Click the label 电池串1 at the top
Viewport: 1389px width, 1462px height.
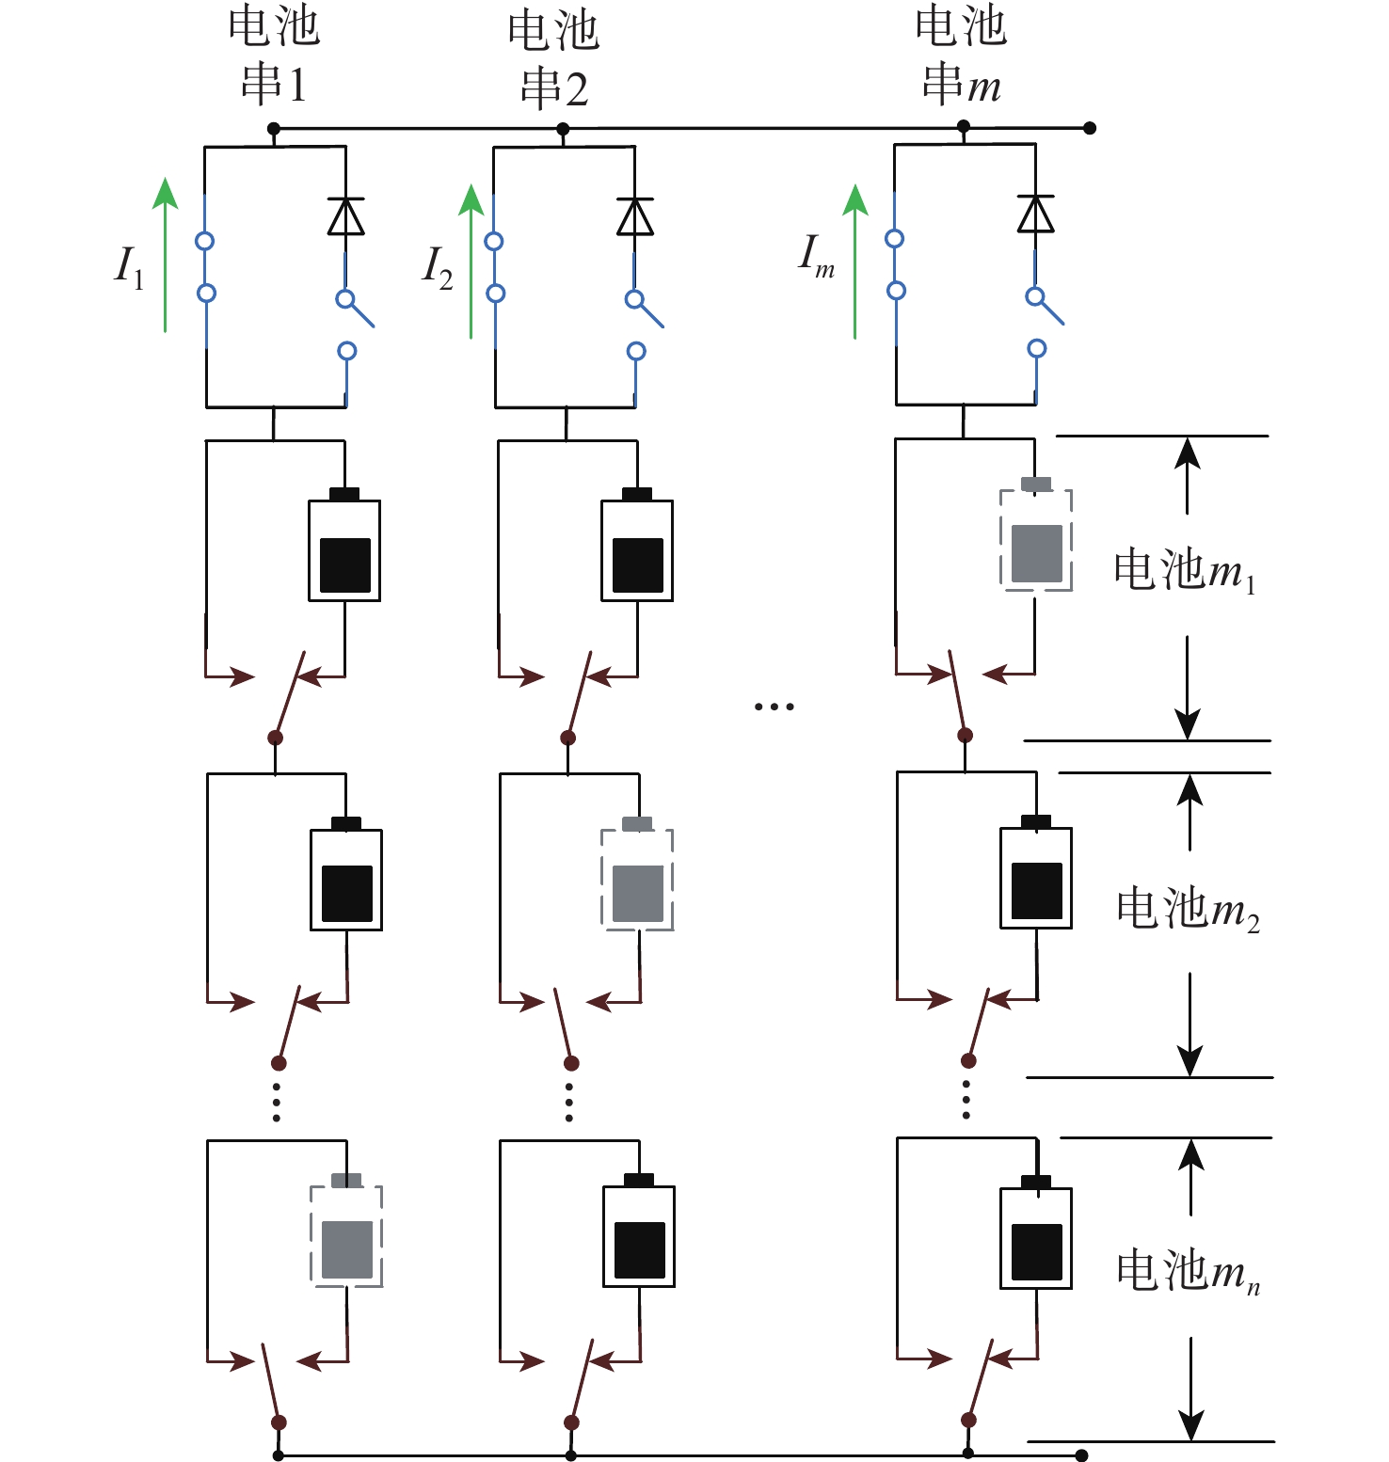[274, 56]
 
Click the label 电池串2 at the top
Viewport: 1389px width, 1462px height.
[553, 58]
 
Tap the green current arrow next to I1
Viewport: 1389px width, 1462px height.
[166, 255]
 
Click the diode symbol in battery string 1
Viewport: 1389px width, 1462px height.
[345, 216]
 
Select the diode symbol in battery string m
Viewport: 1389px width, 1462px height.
[1035, 214]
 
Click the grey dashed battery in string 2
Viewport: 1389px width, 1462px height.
[637, 881]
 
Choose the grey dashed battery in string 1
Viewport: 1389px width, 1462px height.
[346, 1236]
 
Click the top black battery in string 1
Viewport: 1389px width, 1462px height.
[344, 550]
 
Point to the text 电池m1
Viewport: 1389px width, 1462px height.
[1185, 570]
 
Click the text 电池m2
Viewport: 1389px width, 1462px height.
[1188, 909]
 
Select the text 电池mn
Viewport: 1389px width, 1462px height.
[1188, 1271]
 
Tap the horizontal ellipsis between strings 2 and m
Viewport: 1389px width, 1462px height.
[774, 706]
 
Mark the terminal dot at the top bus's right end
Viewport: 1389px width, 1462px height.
[1090, 128]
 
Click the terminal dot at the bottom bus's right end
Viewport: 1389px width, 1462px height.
[1081, 1455]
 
